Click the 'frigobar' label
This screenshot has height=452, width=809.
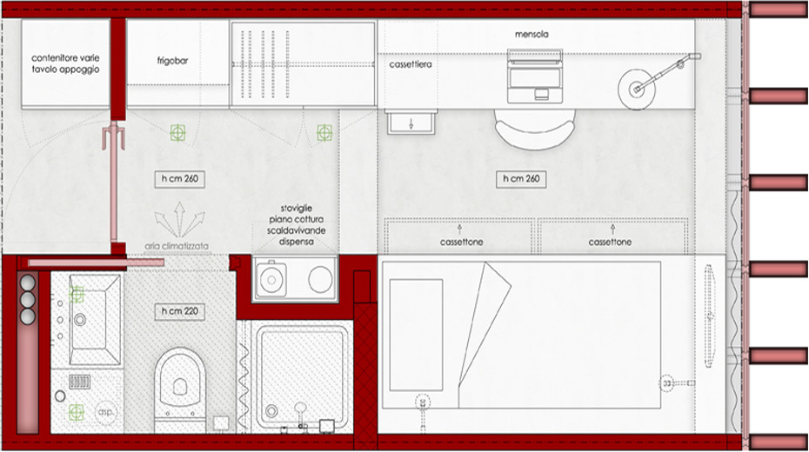click(x=172, y=61)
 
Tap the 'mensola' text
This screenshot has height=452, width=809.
click(x=532, y=35)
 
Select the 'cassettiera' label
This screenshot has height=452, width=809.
click(x=411, y=64)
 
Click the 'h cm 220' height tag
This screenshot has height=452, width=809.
click(x=179, y=311)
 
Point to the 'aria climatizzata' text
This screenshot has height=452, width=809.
click(x=177, y=246)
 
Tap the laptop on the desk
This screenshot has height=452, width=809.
click(x=534, y=76)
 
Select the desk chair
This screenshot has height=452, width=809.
click(x=534, y=129)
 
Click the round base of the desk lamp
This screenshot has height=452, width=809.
click(x=637, y=90)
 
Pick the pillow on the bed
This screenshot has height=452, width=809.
click(x=416, y=335)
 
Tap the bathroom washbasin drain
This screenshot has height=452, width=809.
click(x=80, y=320)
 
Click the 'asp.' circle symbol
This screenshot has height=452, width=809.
click(x=106, y=412)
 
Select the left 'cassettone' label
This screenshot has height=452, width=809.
click(x=461, y=242)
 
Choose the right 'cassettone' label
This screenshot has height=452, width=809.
click(x=610, y=242)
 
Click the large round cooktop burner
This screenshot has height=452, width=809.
click(x=320, y=279)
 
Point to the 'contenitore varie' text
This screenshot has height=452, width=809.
click(x=65, y=58)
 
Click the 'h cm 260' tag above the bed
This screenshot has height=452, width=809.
click(x=521, y=179)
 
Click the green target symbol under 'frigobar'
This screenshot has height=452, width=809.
click(x=177, y=132)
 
